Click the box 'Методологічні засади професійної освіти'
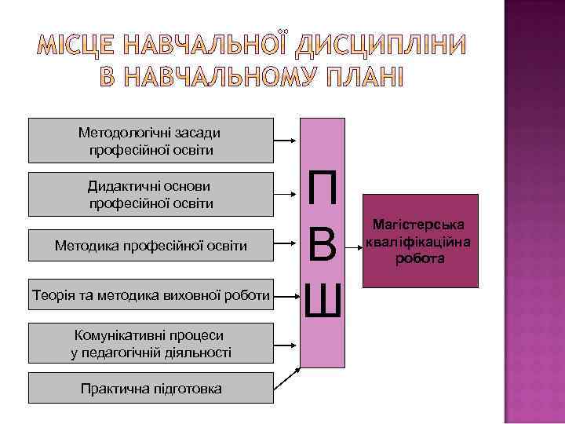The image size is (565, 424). [x=151, y=140]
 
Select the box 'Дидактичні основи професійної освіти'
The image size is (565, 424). [x=151, y=194]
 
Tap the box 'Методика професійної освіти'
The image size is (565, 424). [x=151, y=246]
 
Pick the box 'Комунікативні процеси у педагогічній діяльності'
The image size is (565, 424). [x=151, y=343]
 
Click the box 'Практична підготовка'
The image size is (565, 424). [x=151, y=388]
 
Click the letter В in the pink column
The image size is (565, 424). [x=323, y=246]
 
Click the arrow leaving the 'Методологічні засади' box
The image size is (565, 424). [x=286, y=140]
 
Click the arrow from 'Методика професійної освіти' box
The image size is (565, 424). [x=286, y=246]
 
